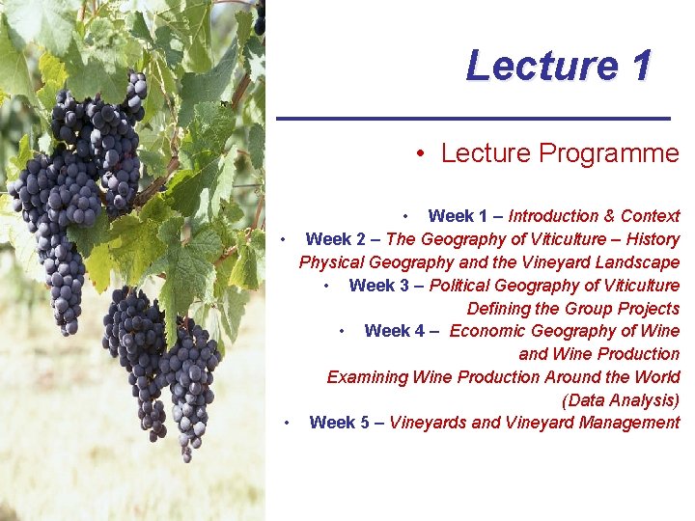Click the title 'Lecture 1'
[558, 66]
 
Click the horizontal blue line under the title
[473, 118]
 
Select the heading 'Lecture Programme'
[560, 152]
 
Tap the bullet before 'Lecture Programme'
[422, 153]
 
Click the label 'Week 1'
[458, 216]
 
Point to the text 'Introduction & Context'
[594, 216]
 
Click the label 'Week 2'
[335, 239]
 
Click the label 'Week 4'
[394, 331]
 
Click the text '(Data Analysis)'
[621, 399]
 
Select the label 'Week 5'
[339, 423]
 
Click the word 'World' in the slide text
[656, 376]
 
